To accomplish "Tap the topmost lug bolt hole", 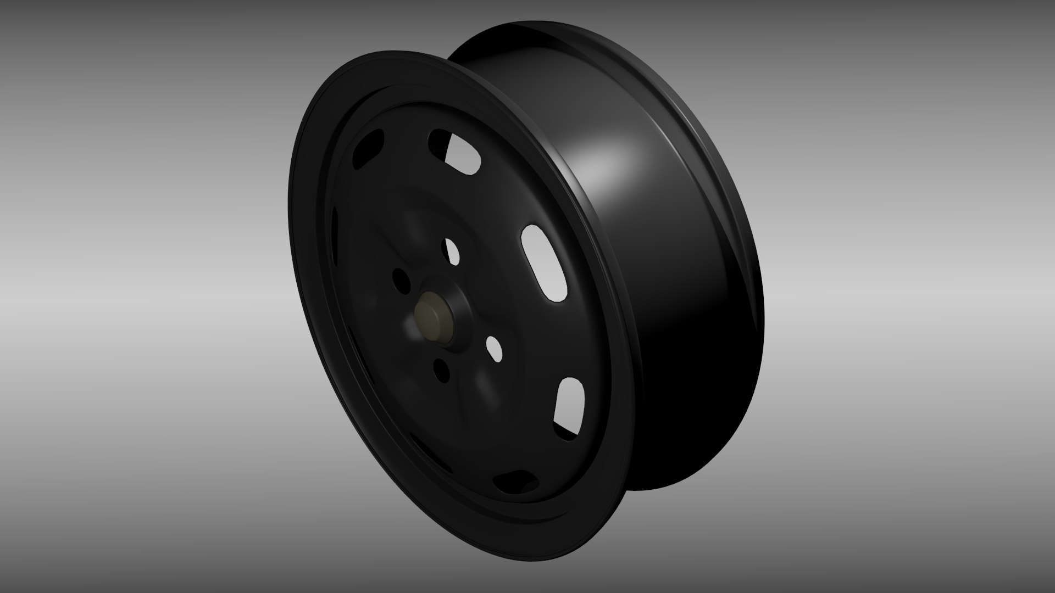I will (x=452, y=251).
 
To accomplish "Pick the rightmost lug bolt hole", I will (x=495, y=349).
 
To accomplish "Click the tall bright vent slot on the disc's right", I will (x=545, y=262).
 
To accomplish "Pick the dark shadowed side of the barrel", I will (x=687, y=357).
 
